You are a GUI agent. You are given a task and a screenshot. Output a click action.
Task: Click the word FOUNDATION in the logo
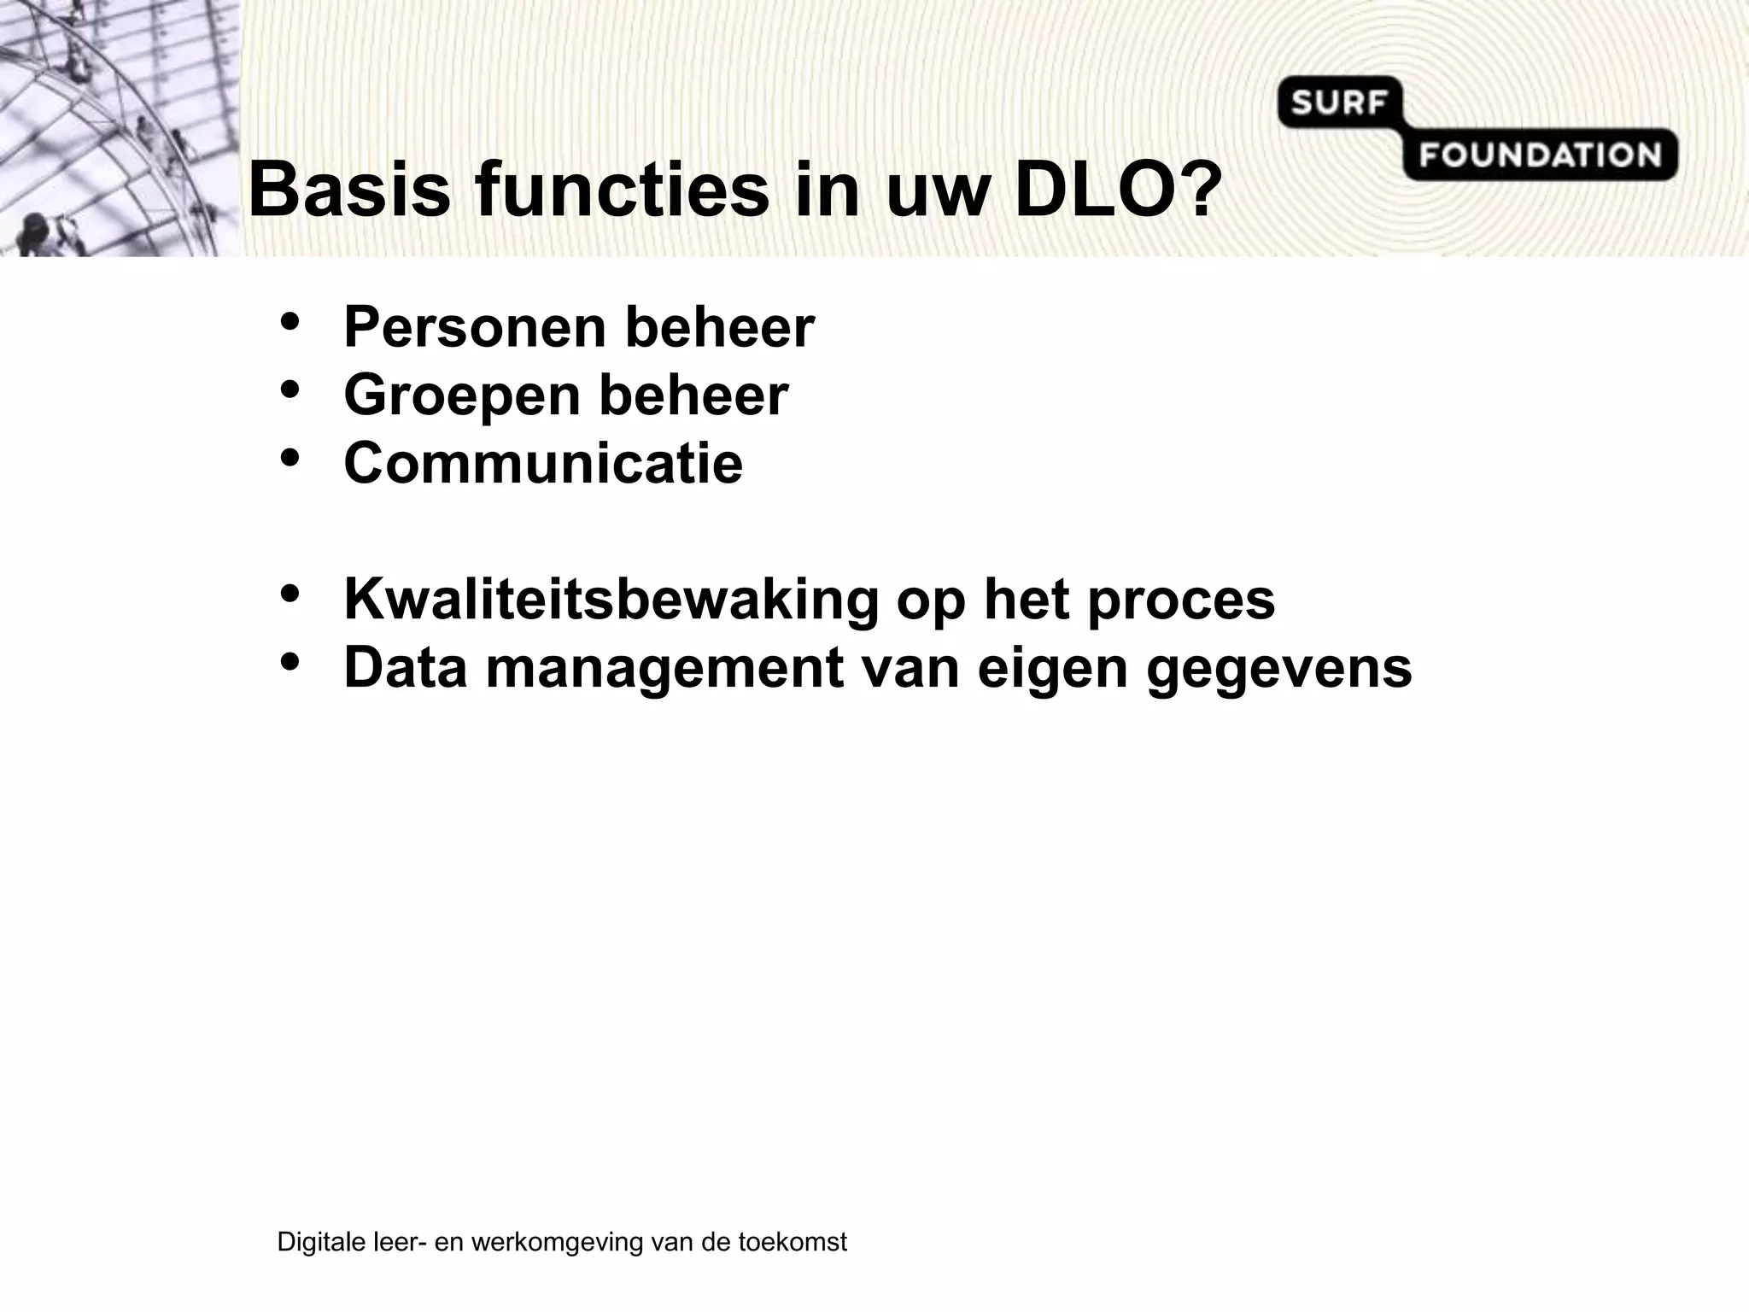coord(1541,155)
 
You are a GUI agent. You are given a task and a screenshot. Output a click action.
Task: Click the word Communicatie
coord(543,464)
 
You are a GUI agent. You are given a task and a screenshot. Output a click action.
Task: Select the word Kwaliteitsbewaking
coord(611,600)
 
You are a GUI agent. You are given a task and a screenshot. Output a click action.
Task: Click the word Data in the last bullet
coord(406,668)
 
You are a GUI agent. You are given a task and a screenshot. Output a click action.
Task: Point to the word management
coord(664,670)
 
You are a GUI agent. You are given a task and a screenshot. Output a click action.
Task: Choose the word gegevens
coord(1279,670)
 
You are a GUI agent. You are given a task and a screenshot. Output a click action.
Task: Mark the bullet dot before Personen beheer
coord(290,323)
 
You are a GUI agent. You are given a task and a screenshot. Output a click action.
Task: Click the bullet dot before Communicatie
coord(290,459)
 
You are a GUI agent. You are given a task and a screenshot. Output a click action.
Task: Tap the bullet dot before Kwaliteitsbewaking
coord(290,594)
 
